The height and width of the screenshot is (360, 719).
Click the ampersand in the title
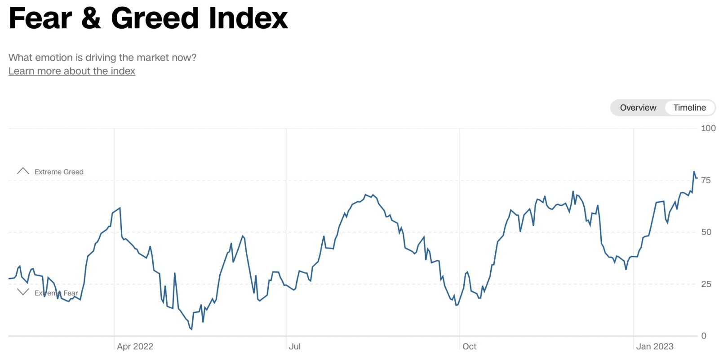click(x=91, y=18)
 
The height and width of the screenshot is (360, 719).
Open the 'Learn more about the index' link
click(x=72, y=71)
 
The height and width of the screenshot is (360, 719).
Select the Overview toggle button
click(x=638, y=108)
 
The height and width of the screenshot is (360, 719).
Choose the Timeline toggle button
click(x=689, y=108)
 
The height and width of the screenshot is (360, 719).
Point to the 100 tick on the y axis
click(x=708, y=129)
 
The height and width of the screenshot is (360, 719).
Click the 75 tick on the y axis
click(x=706, y=181)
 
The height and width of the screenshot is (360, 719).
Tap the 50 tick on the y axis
click(x=706, y=232)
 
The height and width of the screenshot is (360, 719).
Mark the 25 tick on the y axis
click(x=706, y=284)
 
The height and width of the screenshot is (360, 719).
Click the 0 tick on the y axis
click(x=704, y=336)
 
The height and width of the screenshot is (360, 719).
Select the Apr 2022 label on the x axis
click(x=135, y=347)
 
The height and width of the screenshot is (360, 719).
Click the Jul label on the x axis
click(x=295, y=347)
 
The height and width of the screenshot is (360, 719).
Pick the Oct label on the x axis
click(x=469, y=347)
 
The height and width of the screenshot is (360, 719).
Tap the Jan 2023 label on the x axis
click(x=655, y=347)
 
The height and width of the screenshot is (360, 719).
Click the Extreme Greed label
click(x=59, y=172)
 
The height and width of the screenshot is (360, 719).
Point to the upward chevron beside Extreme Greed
click(x=22, y=171)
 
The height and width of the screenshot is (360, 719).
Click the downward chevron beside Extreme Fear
click(x=22, y=292)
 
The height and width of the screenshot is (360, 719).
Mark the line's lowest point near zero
click(x=191, y=329)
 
